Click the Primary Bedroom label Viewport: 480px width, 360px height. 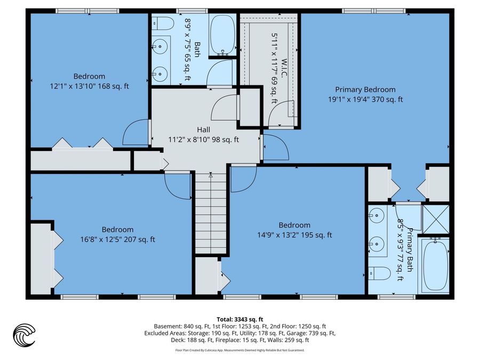(365, 90)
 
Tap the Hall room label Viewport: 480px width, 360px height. (204, 130)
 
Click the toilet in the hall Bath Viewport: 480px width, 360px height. (163, 23)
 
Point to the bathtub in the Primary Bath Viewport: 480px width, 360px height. (435, 266)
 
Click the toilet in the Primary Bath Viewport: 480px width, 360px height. (379, 273)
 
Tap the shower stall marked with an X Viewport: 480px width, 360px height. (436, 219)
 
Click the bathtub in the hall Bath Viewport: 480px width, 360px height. (222, 35)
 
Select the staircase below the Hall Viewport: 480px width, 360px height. (211, 213)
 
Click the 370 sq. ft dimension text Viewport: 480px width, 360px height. (387, 100)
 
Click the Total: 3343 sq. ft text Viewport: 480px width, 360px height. (240, 319)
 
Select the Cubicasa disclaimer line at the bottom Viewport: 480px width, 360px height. (240, 350)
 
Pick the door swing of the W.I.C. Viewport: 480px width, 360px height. (281, 113)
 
